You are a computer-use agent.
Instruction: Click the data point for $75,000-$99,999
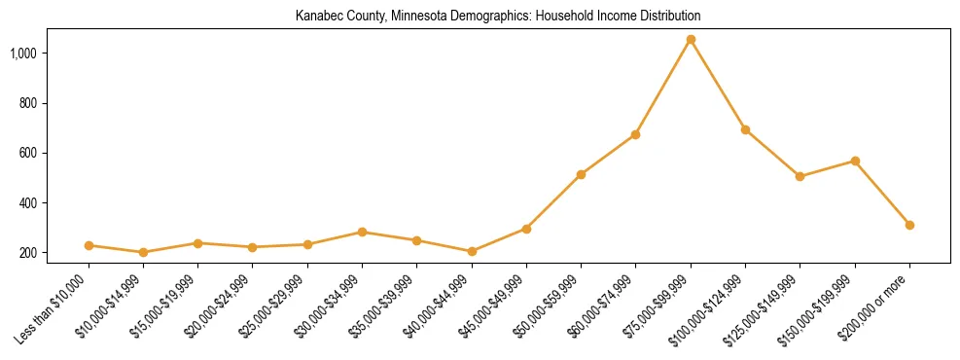tap(691, 40)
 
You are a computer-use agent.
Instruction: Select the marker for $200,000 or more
tap(909, 225)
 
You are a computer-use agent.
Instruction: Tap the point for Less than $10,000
tap(89, 245)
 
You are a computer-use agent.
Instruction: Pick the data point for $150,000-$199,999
tap(855, 161)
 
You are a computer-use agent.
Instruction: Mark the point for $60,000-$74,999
tap(635, 134)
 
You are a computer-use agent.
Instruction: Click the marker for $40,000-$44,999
tap(472, 251)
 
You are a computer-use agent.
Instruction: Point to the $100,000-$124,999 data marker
tap(745, 129)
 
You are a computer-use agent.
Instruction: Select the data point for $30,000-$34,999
tap(362, 232)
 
